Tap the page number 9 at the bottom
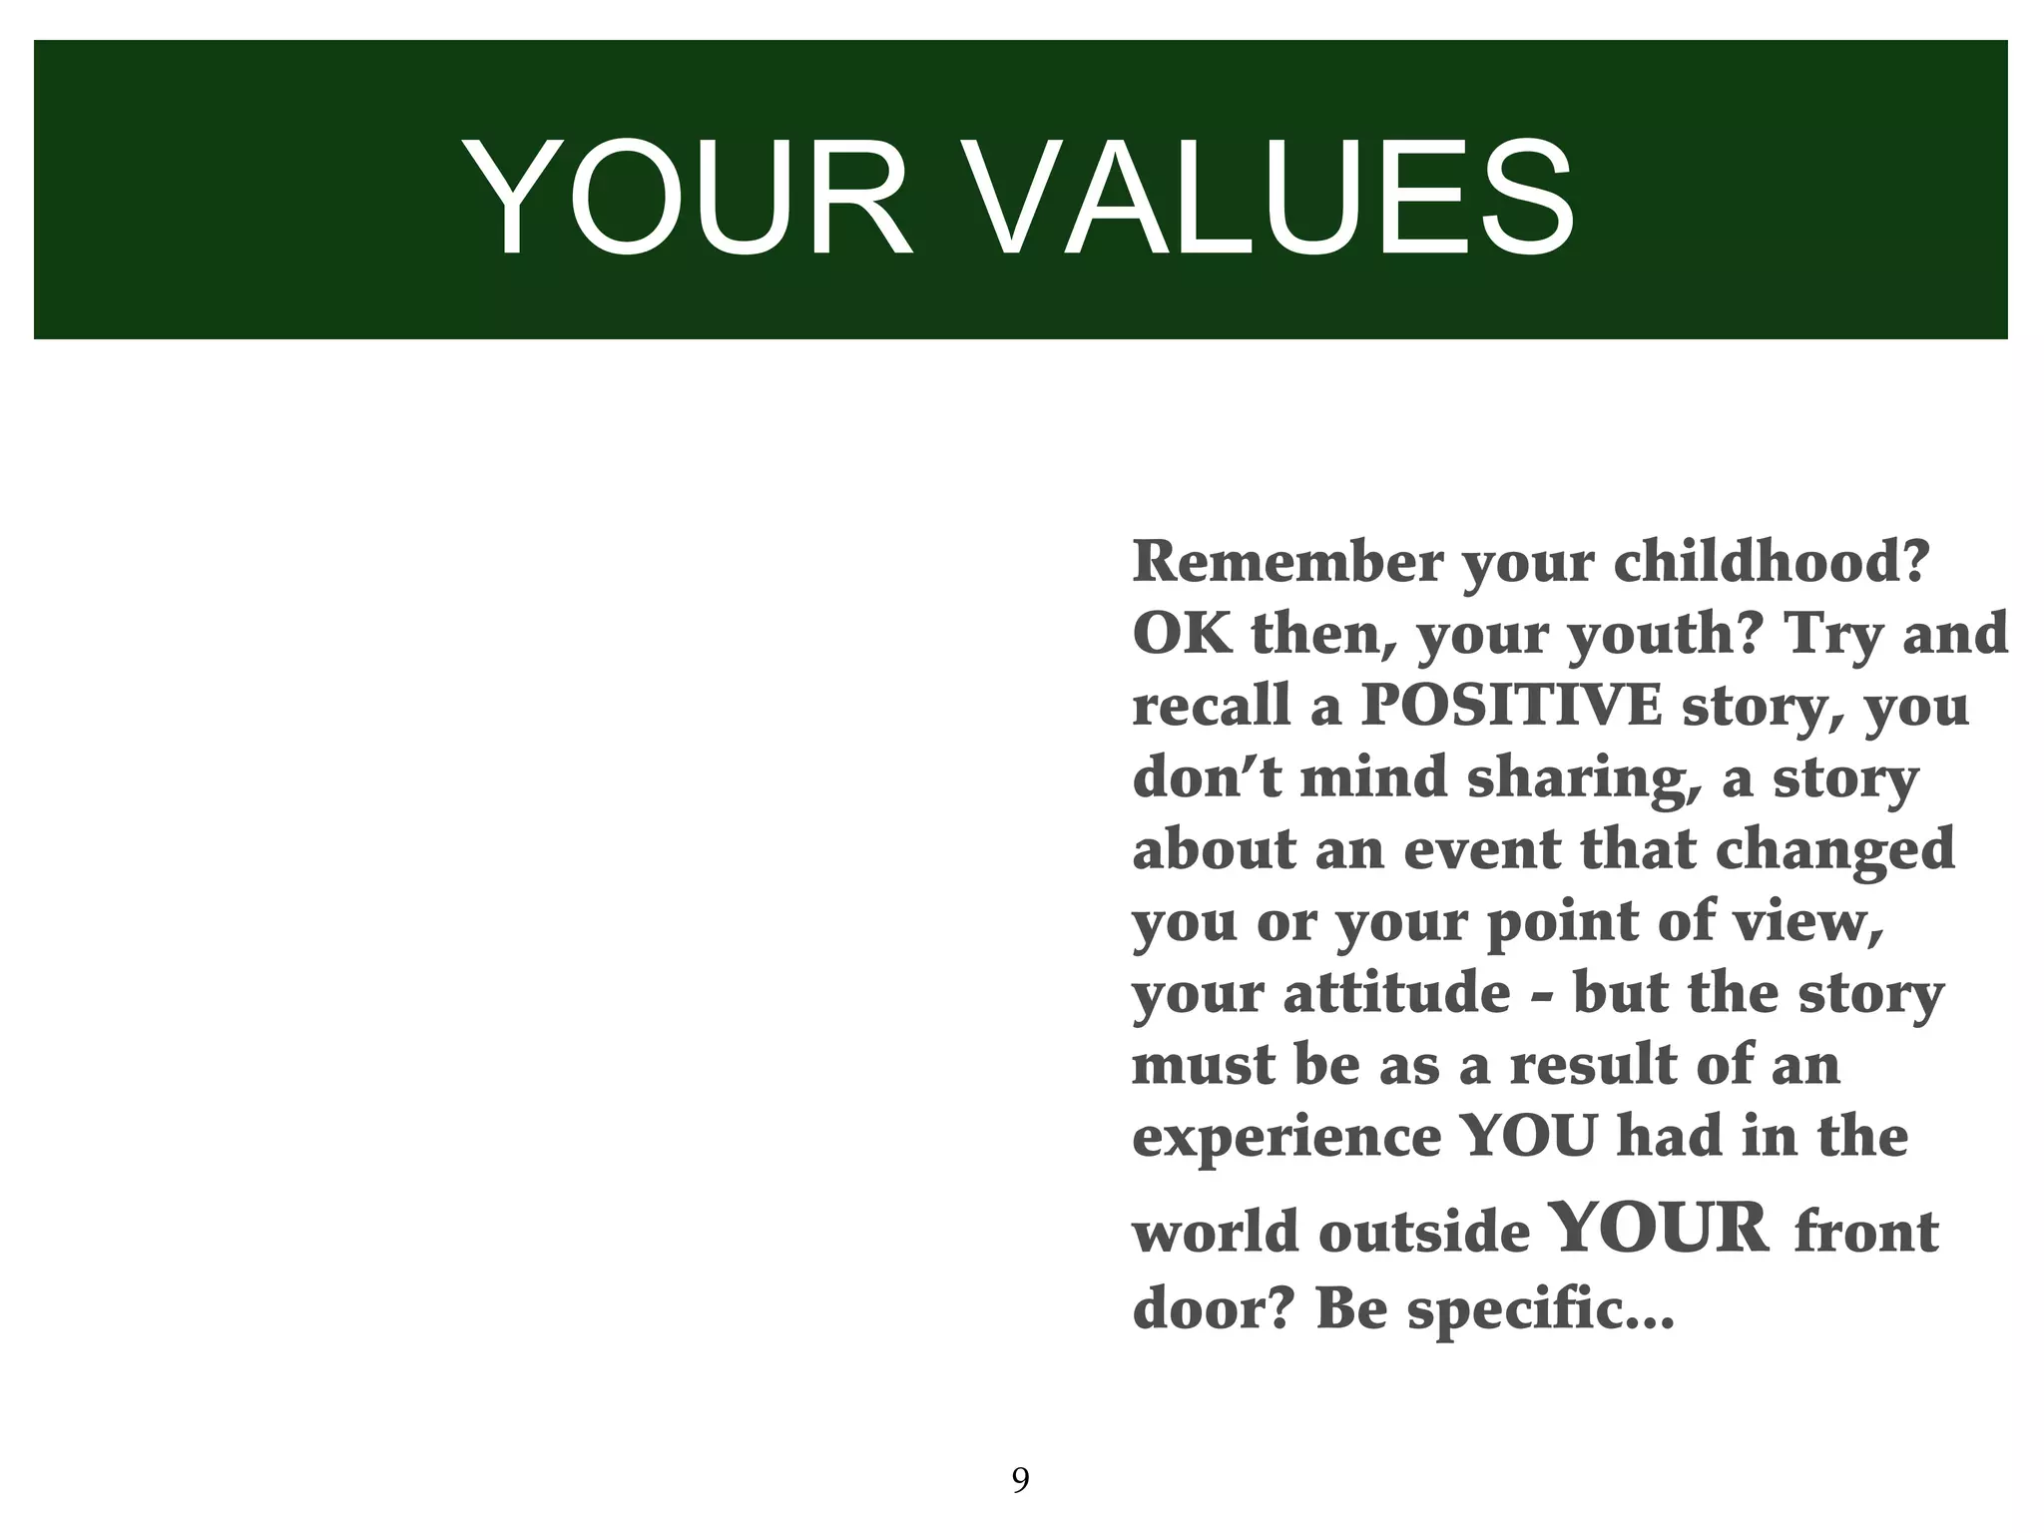pyautogui.click(x=1020, y=1479)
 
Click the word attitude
pyautogui.click(x=1396, y=993)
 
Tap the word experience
pyautogui.click(x=1286, y=1138)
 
